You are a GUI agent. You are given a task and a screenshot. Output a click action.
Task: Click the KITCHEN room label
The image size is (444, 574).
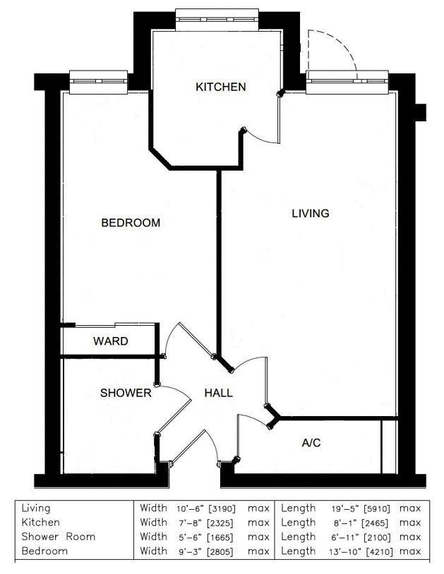(220, 87)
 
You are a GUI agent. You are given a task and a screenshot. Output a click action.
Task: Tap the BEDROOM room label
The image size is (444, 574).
(131, 223)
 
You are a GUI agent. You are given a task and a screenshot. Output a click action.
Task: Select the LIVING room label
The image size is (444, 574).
(311, 213)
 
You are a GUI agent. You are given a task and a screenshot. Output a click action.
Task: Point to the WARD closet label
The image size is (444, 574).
(111, 341)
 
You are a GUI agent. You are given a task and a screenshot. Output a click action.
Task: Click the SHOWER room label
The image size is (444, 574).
(126, 393)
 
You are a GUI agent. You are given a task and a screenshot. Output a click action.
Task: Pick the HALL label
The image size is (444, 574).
(218, 393)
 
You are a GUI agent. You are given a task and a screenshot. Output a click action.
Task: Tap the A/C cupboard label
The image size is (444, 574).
(311, 443)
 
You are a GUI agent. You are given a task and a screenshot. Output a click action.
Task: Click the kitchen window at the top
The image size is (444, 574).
(217, 20)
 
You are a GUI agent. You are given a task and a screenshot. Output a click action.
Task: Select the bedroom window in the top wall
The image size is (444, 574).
(98, 82)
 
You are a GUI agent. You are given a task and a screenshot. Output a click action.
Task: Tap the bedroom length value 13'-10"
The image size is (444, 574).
(343, 551)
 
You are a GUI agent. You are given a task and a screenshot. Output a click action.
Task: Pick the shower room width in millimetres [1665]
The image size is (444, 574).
(220, 537)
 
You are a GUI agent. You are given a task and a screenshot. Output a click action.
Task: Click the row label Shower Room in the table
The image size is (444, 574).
(59, 537)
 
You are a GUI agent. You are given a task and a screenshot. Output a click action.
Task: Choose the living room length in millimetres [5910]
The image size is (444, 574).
(376, 508)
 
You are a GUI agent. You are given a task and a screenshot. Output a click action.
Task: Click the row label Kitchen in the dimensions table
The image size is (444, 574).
(40, 523)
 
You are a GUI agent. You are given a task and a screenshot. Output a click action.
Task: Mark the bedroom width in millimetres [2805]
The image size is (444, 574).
(220, 551)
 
